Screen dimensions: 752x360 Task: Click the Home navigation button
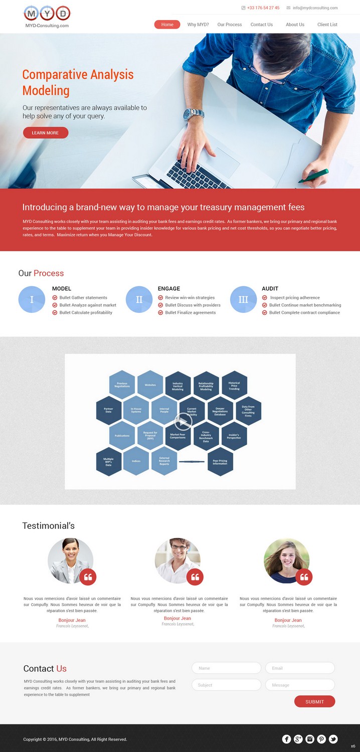(167, 25)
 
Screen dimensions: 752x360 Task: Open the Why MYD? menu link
(198, 25)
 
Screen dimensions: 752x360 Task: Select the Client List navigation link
(327, 25)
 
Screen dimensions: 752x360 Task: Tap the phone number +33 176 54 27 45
(263, 8)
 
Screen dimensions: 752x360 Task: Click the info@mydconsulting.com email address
(315, 8)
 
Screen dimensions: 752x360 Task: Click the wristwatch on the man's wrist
(193, 115)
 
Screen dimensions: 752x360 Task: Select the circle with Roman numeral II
(139, 300)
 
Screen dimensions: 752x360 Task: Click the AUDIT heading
(270, 289)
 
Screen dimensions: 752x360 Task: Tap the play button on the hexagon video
(183, 422)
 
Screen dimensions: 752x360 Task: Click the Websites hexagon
(150, 385)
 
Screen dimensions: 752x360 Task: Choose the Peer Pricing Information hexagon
(220, 462)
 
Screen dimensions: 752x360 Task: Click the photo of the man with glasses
(177, 560)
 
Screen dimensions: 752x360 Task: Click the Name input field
(226, 668)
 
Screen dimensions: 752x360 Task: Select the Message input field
(300, 685)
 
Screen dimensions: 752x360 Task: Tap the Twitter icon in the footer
(333, 739)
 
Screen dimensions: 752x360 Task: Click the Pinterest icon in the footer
(321, 739)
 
